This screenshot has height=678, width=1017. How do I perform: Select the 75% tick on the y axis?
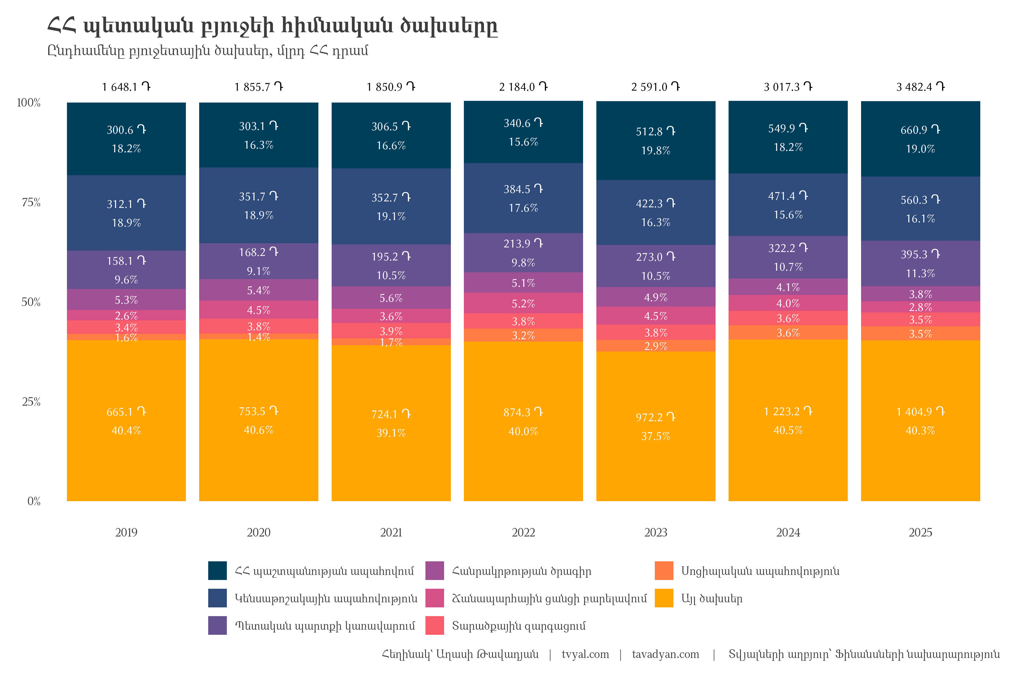31,202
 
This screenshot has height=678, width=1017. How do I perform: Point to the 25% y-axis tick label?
31,402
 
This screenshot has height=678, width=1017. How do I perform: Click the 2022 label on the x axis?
523,532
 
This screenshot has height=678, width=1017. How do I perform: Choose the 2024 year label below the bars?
788,532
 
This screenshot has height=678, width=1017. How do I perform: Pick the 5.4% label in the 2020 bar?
258,290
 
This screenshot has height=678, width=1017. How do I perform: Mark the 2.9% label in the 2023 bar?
655,346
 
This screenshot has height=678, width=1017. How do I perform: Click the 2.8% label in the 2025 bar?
920,307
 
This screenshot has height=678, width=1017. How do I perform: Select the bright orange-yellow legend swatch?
664,598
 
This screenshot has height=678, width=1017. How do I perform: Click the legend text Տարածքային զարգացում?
518,626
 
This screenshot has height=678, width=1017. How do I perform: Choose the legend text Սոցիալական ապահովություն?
760,571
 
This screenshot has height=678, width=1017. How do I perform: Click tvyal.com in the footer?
585,654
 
